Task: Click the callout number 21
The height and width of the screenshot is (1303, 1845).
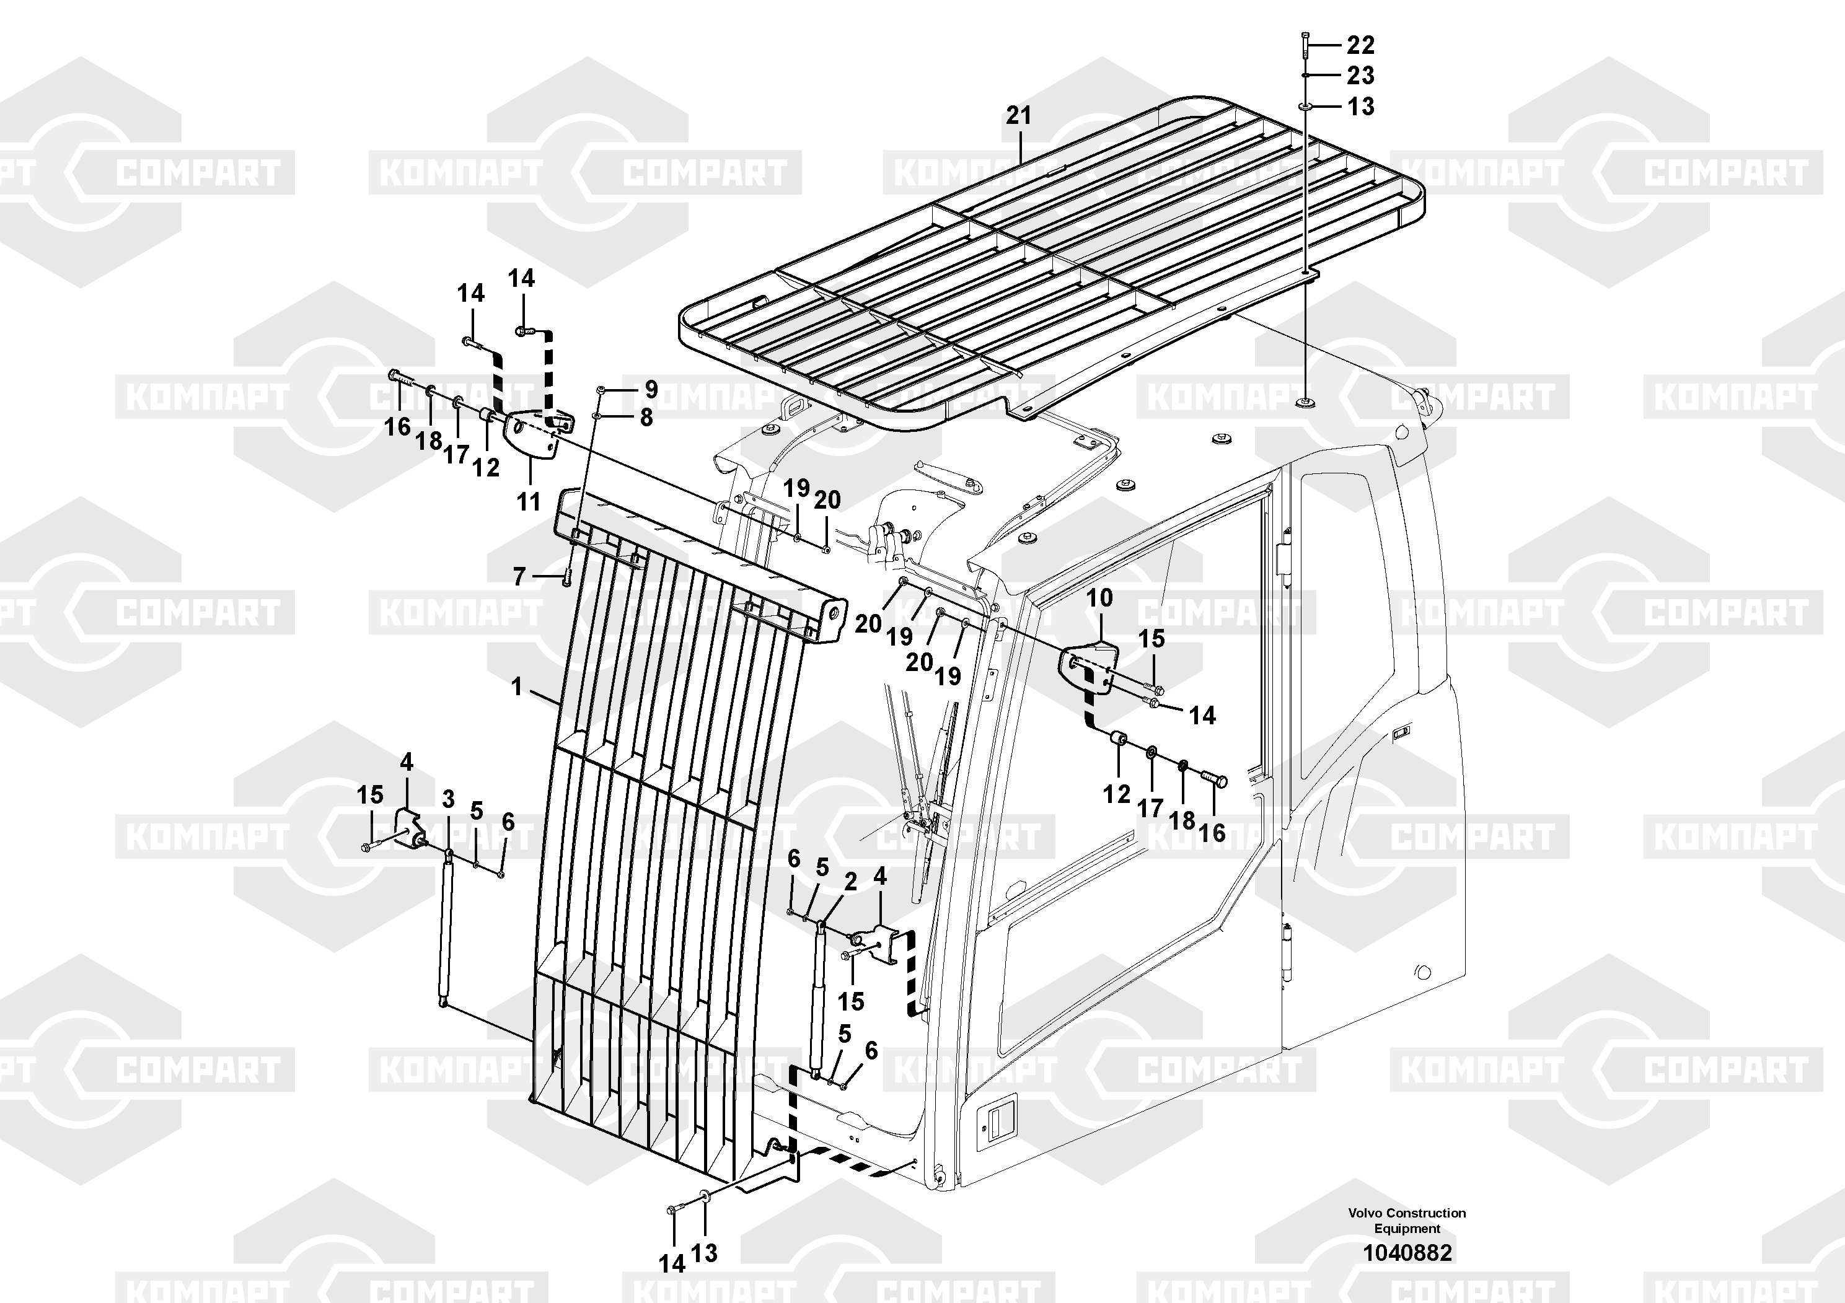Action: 1018,116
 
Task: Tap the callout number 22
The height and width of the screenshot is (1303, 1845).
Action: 1360,45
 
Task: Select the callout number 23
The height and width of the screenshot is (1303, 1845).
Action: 1360,76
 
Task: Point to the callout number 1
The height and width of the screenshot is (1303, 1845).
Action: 517,687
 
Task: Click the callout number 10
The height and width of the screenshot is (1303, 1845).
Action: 1099,598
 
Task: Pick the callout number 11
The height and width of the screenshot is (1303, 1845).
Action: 528,502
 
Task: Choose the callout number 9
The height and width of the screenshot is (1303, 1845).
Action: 651,390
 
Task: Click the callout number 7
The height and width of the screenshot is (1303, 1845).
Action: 519,577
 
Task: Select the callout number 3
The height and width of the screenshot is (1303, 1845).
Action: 449,799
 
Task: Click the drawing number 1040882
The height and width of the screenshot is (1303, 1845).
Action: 1407,1252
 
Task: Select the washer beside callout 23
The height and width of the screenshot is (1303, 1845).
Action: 1306,76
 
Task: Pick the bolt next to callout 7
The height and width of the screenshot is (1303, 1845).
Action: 566,577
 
